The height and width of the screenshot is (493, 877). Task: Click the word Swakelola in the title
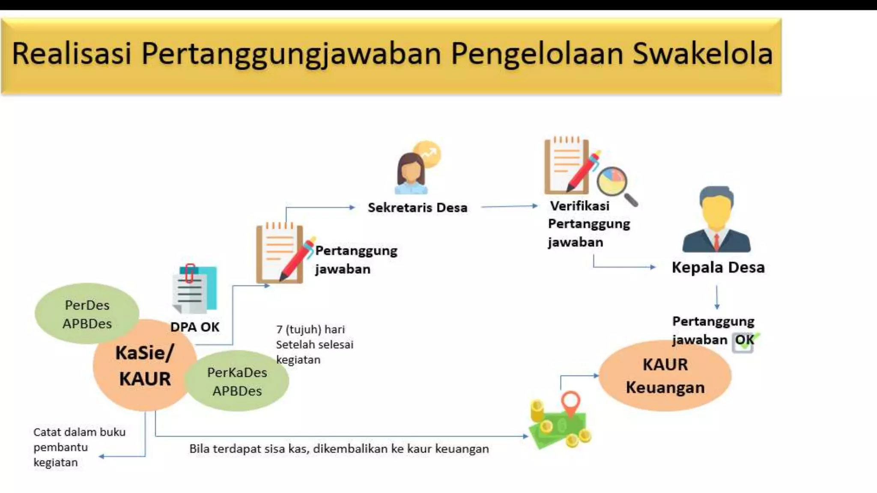[702, 54]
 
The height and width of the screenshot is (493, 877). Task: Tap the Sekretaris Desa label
[417, 208]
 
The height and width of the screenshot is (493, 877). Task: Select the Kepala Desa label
[718, 267]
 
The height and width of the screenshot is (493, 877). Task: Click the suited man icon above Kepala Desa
[716, 220]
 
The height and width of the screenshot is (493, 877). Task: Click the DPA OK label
[194, 327]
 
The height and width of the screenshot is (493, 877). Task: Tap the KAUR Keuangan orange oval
[665, 376]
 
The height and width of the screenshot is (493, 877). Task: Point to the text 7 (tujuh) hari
[310, 330]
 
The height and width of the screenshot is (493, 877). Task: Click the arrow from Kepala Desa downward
[717, 297]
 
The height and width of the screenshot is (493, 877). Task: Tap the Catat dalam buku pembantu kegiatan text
[79, 447]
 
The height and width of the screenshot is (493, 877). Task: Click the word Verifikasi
[579, 206]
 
